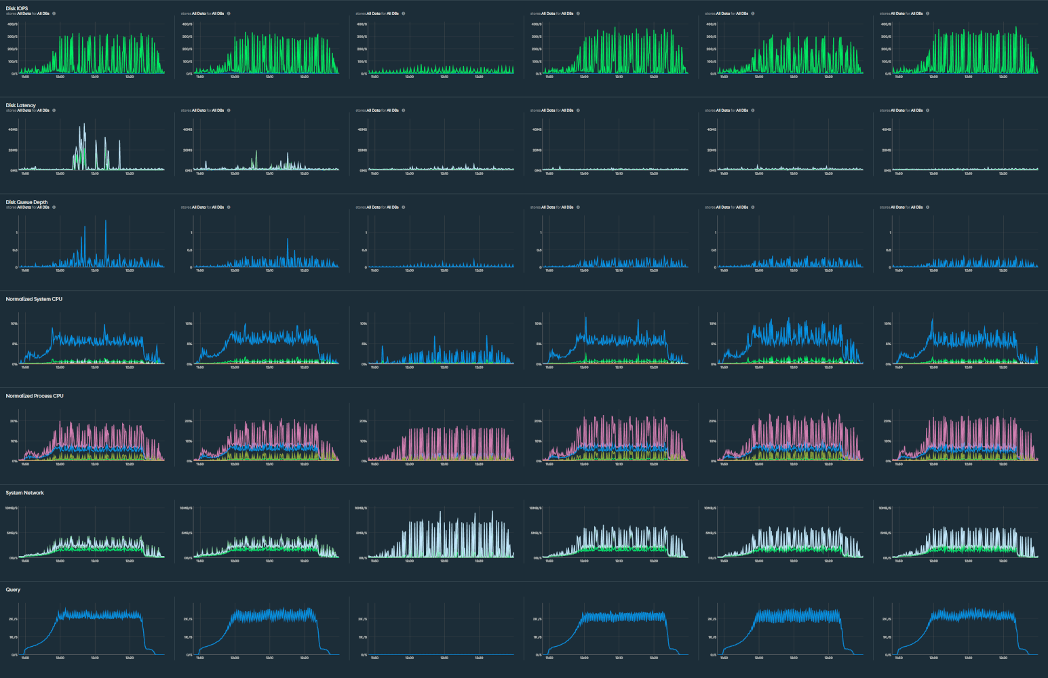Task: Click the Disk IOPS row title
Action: point(17,8)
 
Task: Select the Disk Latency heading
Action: point(20,105)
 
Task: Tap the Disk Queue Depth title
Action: point(26,202)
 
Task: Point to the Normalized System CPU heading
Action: point(34,299)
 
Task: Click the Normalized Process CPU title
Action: point(35,396)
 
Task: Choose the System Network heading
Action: point(24,493)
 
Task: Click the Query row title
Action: point(13,590)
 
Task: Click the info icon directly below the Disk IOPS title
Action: point(54,14)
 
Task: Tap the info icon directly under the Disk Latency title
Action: point(54,111)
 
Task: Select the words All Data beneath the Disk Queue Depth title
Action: point(24,207)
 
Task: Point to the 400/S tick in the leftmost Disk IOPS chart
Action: point(12,24)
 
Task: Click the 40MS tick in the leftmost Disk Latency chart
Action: point(13,129)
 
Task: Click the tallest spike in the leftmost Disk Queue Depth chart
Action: point(106,221)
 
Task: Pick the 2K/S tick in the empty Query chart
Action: point(362,619)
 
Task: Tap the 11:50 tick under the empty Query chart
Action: point(374,658)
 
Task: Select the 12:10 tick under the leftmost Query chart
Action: point(95,658)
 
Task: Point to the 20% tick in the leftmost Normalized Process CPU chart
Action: point(14,421)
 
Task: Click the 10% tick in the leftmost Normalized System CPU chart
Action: point(14,323)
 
